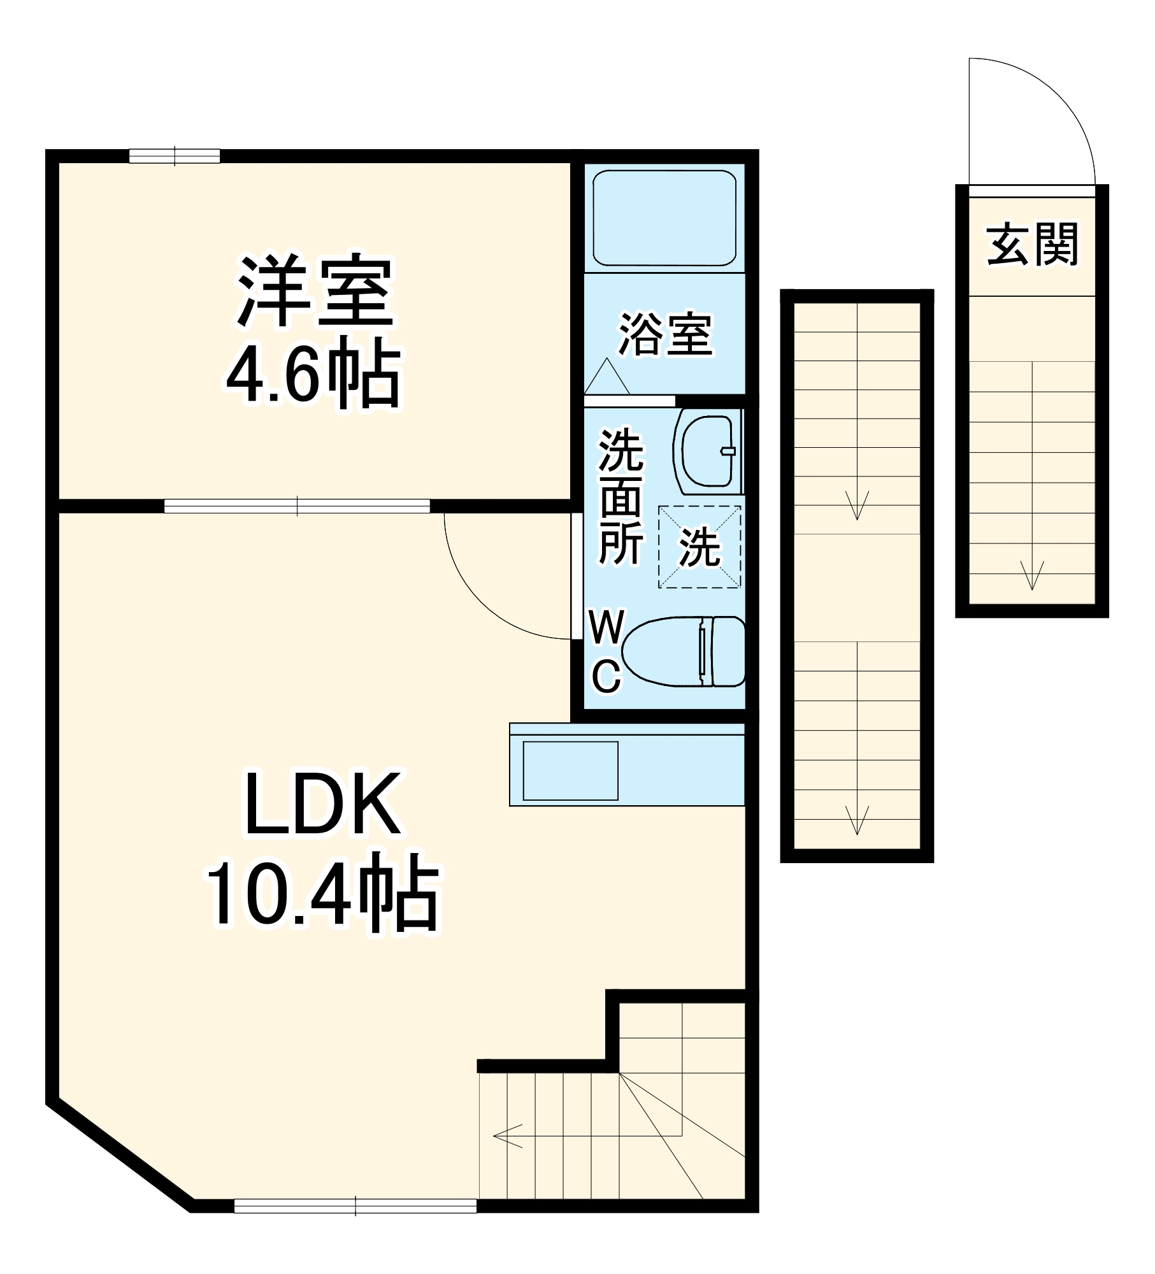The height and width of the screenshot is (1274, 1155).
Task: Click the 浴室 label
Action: [x=665, y=334]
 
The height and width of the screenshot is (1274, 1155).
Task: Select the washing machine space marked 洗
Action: [x=699, y=547]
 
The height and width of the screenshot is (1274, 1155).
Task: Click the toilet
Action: [x=683, y=651]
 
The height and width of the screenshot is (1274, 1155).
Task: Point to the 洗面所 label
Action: [x=620, y=497]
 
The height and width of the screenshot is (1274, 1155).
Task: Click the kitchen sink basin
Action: [x=570, y=770]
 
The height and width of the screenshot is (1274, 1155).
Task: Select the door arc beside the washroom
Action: [x=484, y=599]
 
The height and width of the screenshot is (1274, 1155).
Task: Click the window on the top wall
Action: [x=175, y=155]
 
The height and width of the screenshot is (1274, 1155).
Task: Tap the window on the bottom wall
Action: [x=355, y=1205]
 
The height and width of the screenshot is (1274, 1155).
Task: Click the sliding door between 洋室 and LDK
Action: [x=297, y=506]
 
